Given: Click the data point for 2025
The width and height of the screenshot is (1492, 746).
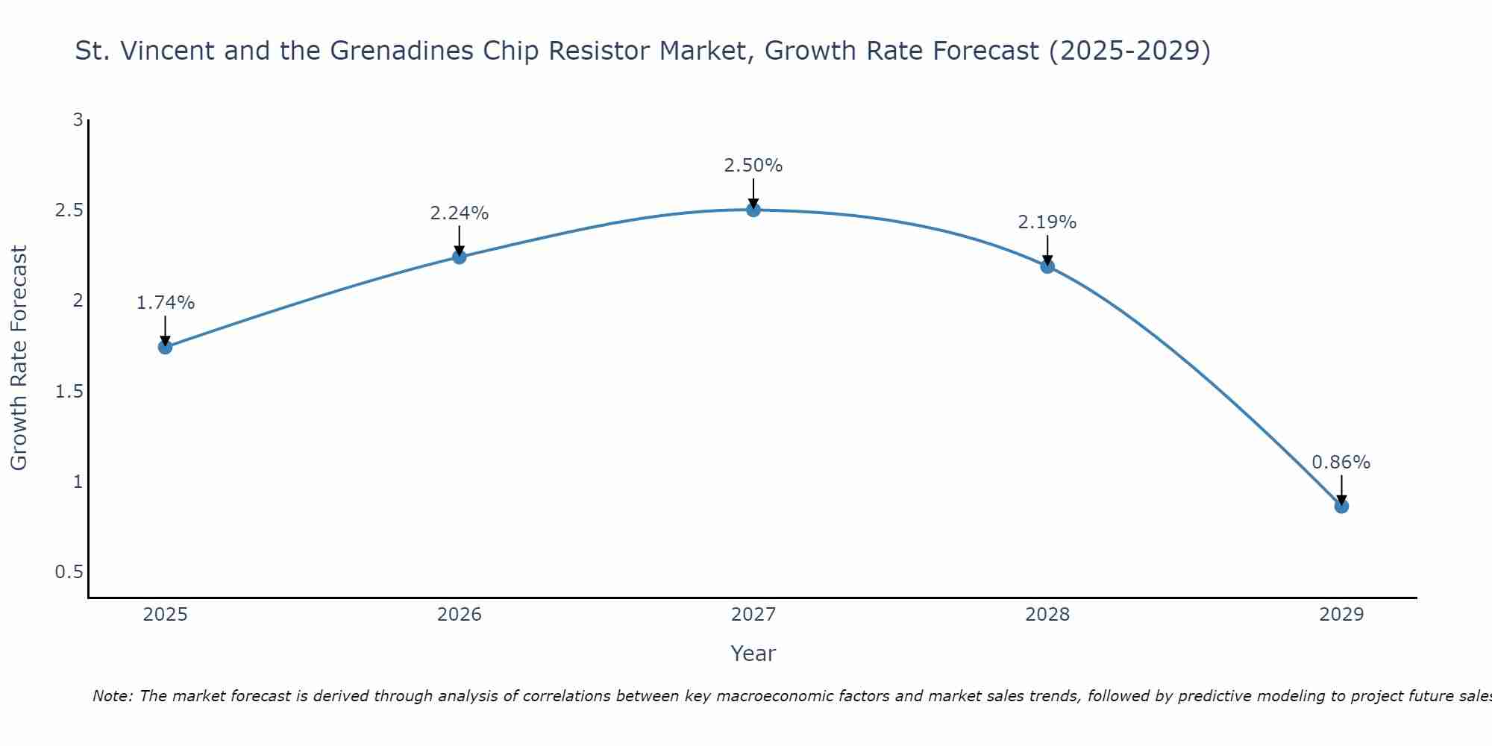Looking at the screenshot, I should [166, 347].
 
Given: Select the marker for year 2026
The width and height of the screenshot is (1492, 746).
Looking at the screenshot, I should [460, 257].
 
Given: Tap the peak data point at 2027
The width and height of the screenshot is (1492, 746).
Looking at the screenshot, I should [753, 210].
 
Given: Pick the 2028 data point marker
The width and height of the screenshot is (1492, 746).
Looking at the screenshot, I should [1047, 266].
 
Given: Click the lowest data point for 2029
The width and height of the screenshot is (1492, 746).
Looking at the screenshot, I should [1341, 507].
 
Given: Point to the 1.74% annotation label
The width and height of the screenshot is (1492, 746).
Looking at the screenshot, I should [166, 303].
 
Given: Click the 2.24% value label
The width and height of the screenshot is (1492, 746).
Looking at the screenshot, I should [460, 213].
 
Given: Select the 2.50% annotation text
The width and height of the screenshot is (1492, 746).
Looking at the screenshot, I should [753, 166].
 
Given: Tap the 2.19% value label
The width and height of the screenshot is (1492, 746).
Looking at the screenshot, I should [1047, 222].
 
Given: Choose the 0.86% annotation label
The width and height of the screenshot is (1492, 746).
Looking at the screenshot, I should [1341, 463].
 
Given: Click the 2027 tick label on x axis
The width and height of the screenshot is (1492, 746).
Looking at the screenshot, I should [753, 615].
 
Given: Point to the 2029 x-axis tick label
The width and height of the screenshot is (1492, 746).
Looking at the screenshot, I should [1341, 615].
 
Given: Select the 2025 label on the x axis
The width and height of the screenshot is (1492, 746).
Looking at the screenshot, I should [166, 615].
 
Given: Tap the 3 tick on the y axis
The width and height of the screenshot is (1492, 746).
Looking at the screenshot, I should [78, 119].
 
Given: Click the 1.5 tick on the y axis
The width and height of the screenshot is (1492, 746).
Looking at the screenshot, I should [69, 392].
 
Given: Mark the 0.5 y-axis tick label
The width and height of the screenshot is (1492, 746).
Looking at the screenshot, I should [69, 572].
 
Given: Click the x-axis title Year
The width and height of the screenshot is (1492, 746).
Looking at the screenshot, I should [753, 653].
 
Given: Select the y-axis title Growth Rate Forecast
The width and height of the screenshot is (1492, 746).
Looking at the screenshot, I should [19, 358].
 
